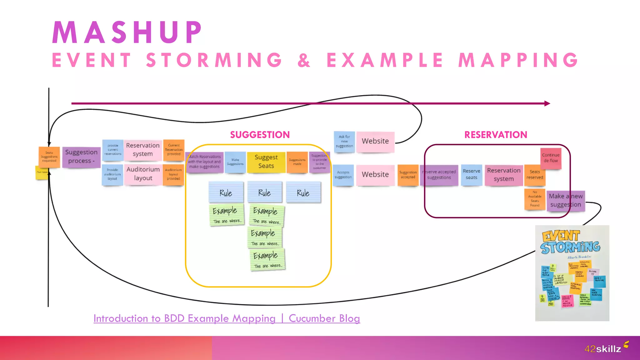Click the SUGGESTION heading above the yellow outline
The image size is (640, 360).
260,135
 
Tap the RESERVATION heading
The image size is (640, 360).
496,135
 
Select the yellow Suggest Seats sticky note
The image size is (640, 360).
266,162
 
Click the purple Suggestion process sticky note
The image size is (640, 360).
81,157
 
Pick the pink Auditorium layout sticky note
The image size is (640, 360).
143,174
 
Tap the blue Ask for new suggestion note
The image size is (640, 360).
344,142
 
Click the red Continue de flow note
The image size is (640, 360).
551,158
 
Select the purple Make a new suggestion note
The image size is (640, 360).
565,201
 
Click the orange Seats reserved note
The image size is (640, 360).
534,175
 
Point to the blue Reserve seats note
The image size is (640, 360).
471,175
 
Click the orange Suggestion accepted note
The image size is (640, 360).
408,175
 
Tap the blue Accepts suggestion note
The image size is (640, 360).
343,175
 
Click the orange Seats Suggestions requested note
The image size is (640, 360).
49,157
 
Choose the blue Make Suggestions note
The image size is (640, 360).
235,162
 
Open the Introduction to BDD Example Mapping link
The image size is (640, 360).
227,318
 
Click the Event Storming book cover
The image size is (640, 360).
572,273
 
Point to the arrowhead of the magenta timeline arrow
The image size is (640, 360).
547,103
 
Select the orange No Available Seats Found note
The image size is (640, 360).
534,199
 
